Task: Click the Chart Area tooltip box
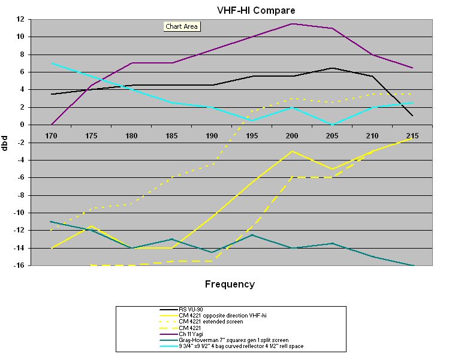point(182,26)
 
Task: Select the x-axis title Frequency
point(230,285)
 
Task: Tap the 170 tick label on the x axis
point(52,135)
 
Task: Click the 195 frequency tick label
point(252,135)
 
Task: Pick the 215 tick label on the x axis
point(412,135)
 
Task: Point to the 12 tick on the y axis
point(19,19)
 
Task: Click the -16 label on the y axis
point(18,265)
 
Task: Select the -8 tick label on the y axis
point(19,195)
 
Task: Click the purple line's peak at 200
point(292,24)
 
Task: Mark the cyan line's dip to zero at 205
point(332,125)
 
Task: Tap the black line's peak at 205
point(332,68)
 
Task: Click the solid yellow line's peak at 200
point(292,151)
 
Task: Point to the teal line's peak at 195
point(252,235)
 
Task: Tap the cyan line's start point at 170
point(52,63)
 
